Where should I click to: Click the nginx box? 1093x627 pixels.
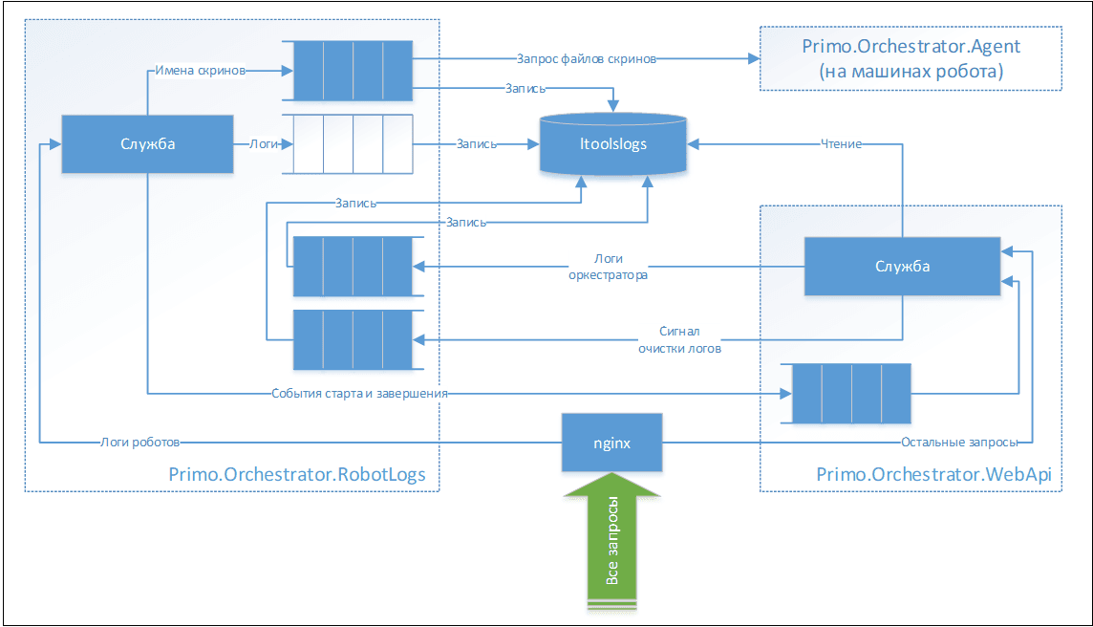click(x=611, y=443)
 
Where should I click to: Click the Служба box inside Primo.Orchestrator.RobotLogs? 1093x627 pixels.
click(x=147, y=144)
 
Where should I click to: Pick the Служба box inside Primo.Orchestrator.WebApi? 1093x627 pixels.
click(x=902, y=266)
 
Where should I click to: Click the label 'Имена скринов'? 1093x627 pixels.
click(x=201, y=70)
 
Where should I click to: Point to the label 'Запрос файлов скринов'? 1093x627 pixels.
click(x=586, y=58)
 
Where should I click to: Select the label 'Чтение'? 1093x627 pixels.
click(x=842, y=144)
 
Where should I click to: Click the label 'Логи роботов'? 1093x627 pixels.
click(x=139, y=443)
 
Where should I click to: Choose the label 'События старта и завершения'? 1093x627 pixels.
click(x=360, y=392)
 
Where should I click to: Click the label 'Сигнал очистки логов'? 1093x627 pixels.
click(x=679, y=339)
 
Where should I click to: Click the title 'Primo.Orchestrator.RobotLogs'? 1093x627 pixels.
click(x=297, y=474)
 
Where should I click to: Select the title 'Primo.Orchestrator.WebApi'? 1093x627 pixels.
click(x=912, y=474)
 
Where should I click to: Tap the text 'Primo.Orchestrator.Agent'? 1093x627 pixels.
click(x=911, y=46)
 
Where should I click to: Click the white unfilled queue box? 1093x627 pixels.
click(x=352, y=144)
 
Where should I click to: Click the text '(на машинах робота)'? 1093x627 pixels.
click(x=911, y=71)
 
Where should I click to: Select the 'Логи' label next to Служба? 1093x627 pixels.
click(x=264, y=144)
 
